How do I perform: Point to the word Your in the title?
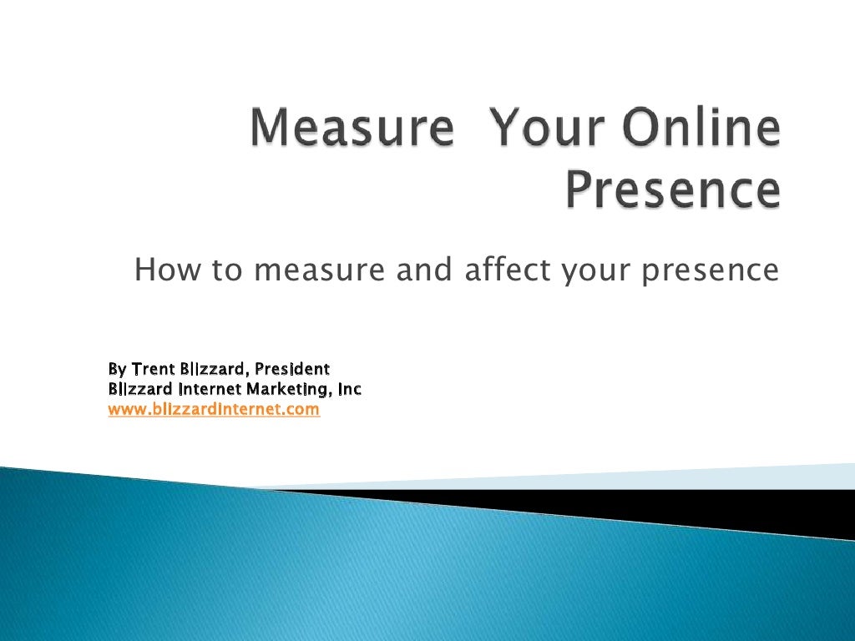click(x=546, y=131)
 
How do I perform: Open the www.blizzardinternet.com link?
click(x=214, y=410)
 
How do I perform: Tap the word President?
click(x=292, y=368)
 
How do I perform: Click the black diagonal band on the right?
click(x=668, y=504)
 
